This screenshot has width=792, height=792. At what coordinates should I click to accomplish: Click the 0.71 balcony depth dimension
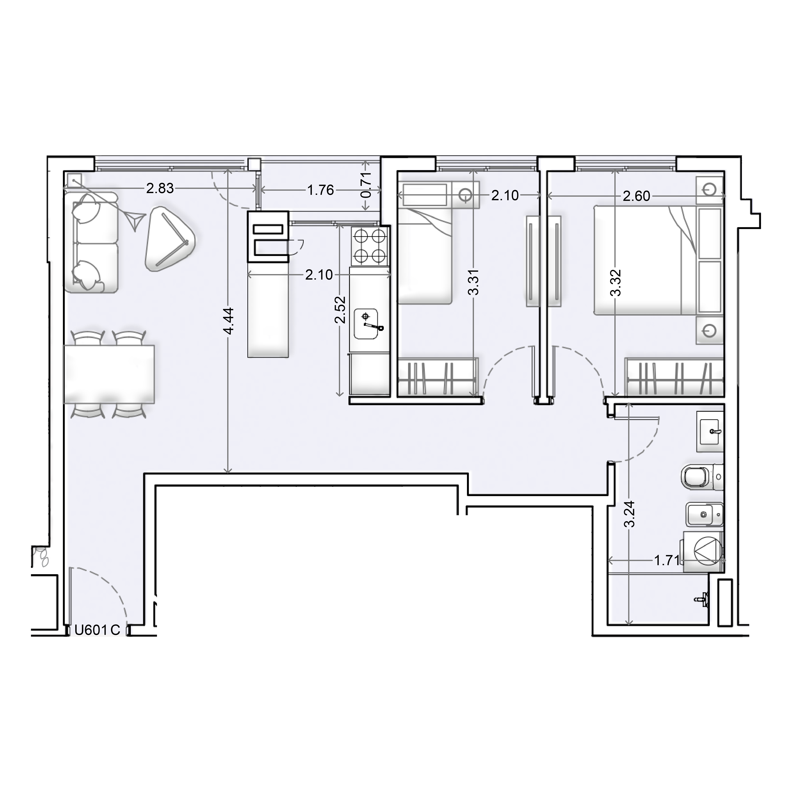pyautogui.click(x=366, y=185)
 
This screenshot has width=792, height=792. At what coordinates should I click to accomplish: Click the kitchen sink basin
pyautogui.click(x=366, y=323)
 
